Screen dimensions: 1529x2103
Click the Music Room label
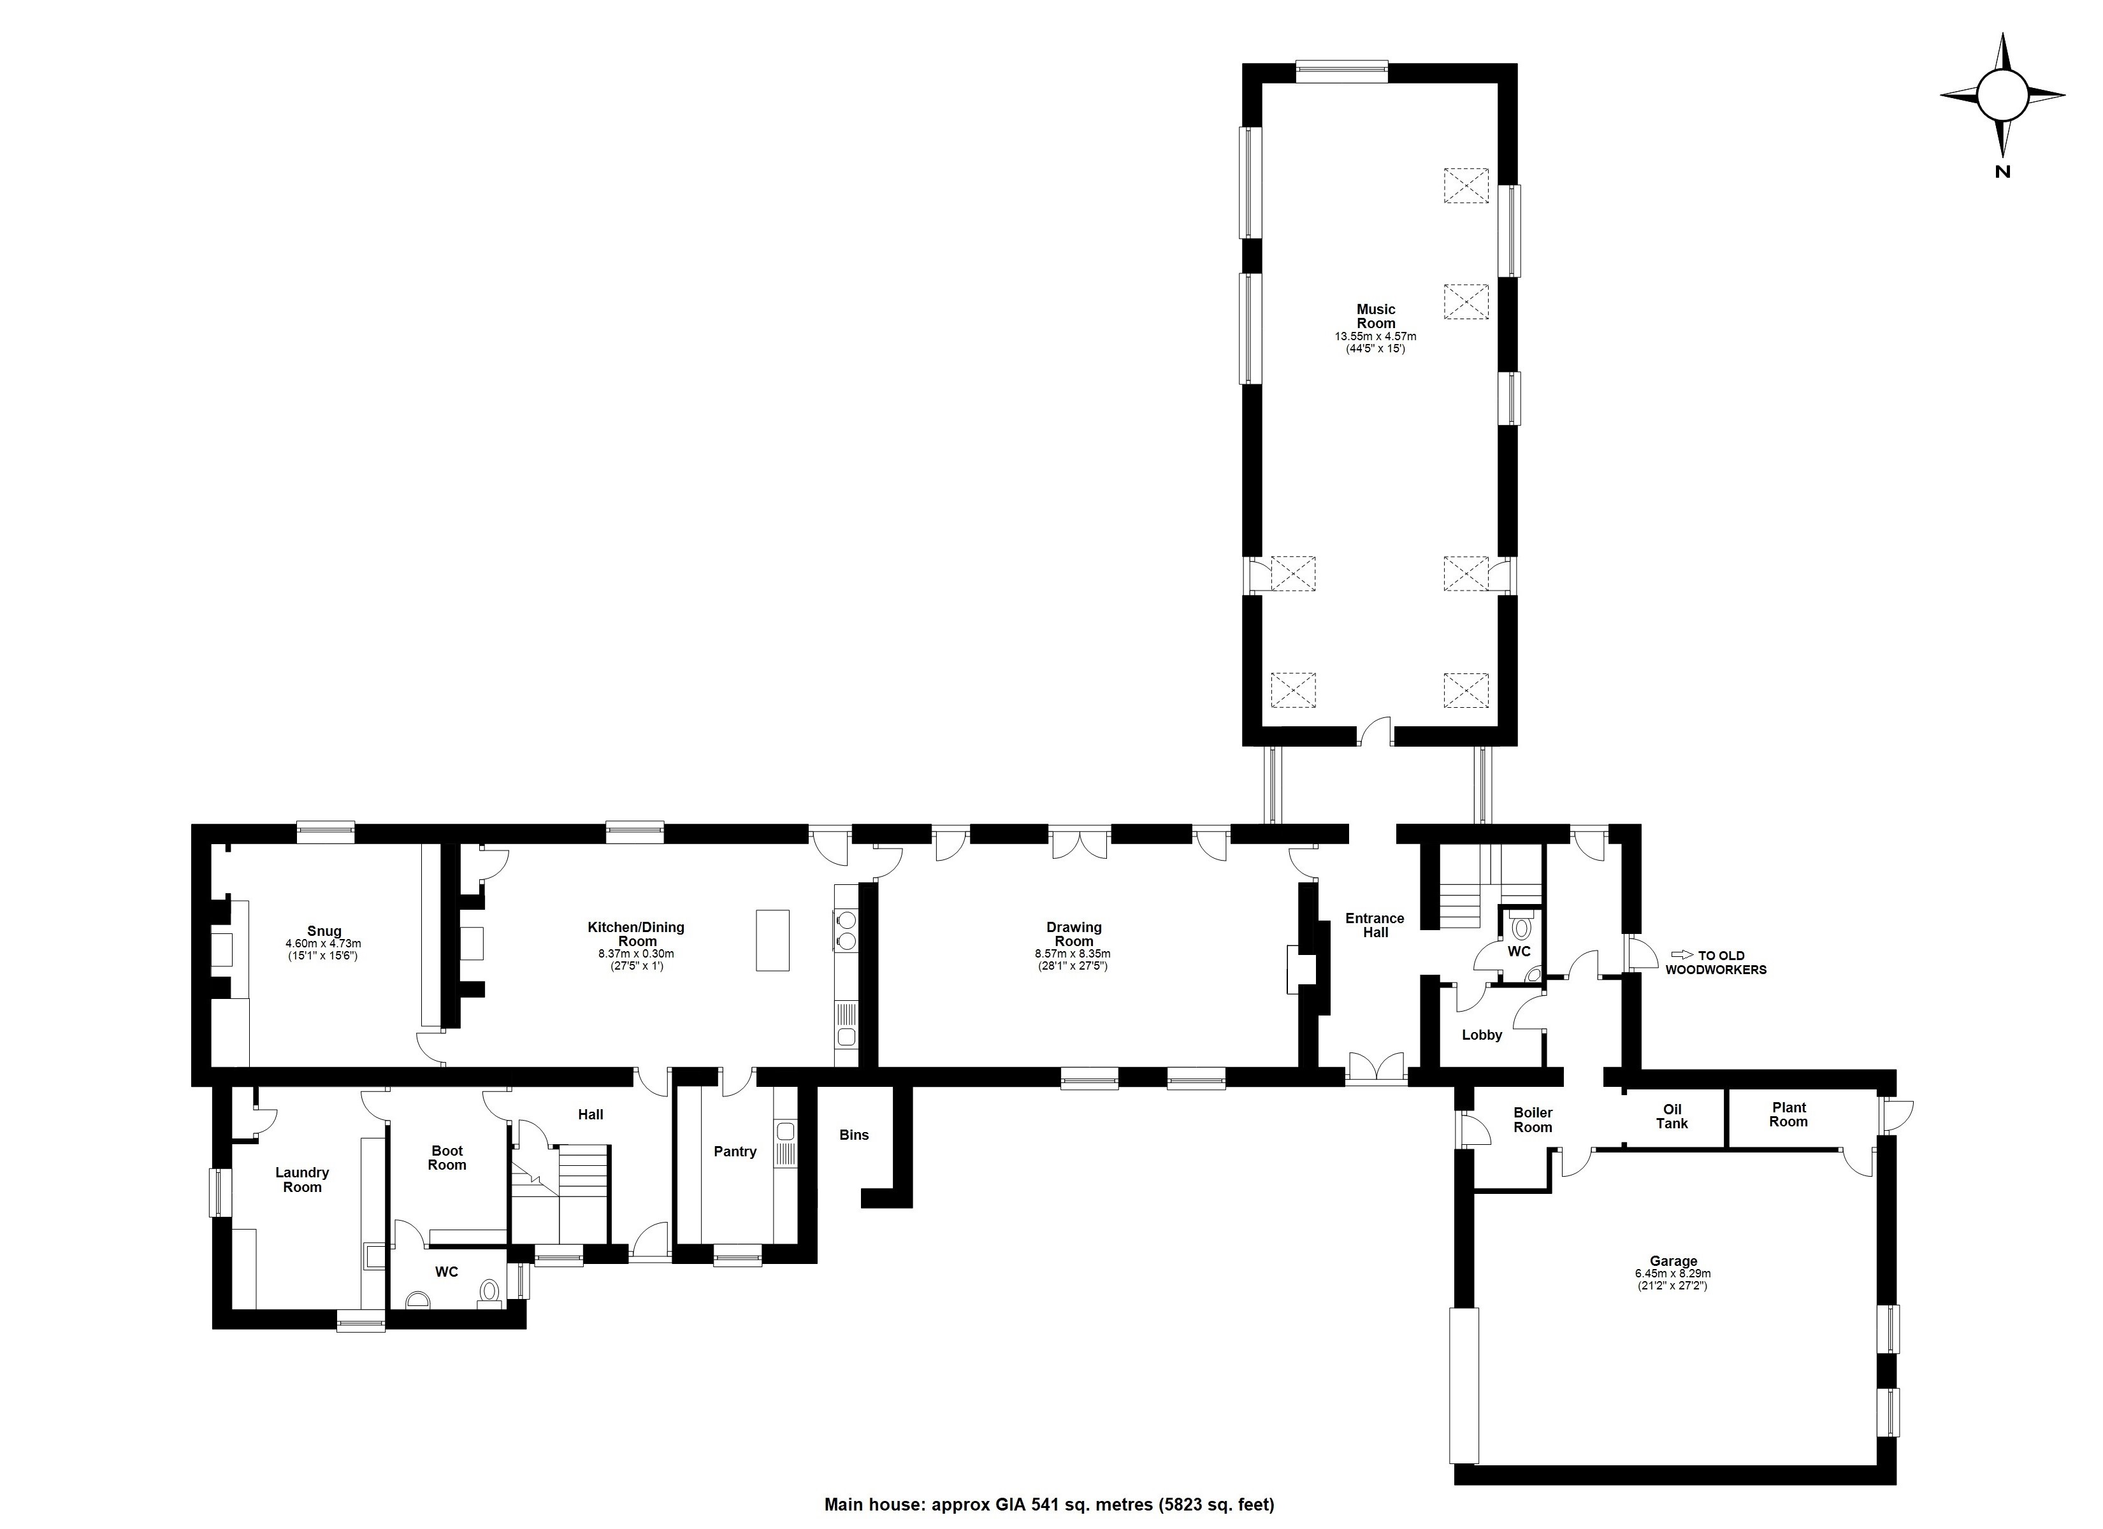1375,316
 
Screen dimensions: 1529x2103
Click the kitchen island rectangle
772,940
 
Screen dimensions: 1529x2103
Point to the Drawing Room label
1074,934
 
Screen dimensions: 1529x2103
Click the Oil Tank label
1672,1116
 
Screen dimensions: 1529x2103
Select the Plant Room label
1789,1114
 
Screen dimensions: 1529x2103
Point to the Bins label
854,1135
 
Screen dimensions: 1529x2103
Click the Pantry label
735,1152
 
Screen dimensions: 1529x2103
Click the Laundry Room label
302,1179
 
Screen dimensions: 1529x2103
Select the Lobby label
1482,1035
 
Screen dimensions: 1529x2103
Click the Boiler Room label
1533,1120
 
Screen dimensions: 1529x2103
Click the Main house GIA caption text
1049,1505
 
